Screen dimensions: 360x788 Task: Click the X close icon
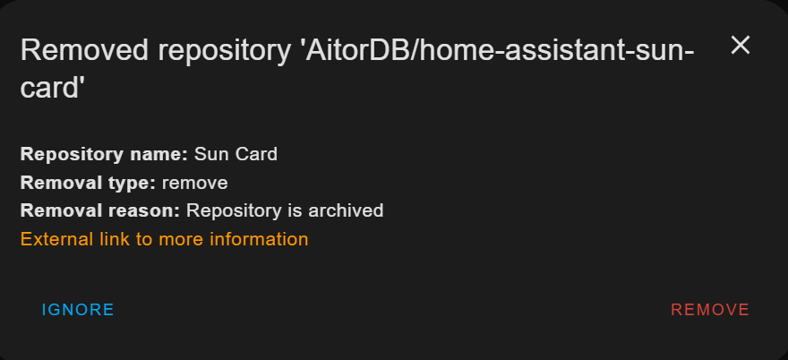(740, 46)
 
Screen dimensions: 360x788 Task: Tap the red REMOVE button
(710, 310)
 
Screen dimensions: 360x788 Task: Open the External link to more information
(164, 239)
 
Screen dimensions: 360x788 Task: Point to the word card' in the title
(53, 88)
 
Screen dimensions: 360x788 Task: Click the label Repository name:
(103, 154)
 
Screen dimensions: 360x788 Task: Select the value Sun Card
(236, 154)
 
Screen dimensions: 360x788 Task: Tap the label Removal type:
(88, 183)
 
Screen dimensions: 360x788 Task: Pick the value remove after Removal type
(194, 183)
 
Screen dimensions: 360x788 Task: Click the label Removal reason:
(100, 211)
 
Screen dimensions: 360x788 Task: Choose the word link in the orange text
(112, 239)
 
